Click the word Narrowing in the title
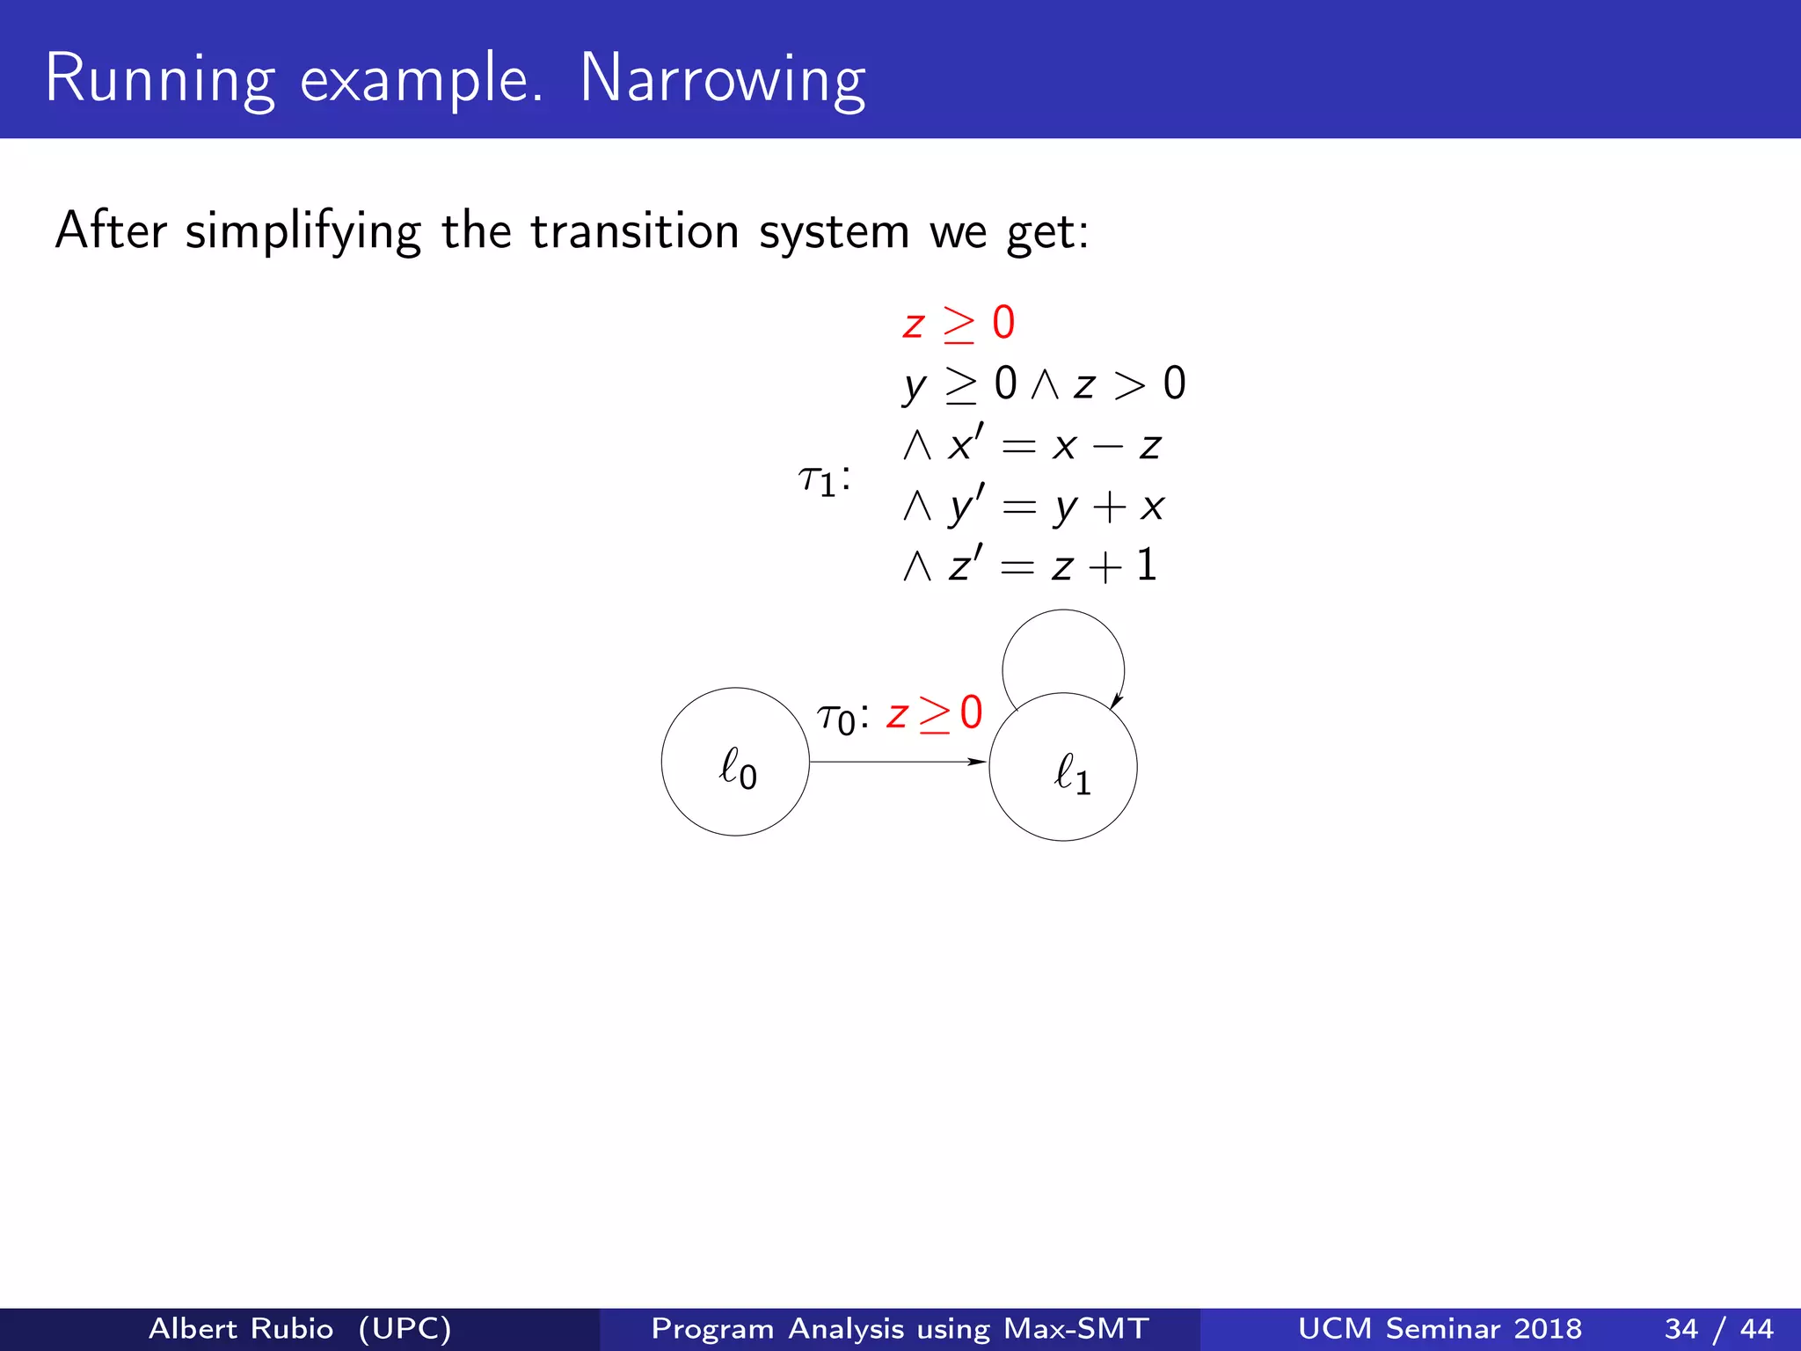(722, 80)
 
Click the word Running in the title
(159, 80)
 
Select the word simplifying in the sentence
(303, 232)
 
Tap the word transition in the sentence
(634, 232)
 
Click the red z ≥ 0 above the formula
(959, 324)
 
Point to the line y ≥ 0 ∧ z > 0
(1044, 384)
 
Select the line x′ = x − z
(1033, 445)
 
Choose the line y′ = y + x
(1033, 506)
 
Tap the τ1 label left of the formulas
(823, 480)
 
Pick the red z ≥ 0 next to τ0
(934, 713)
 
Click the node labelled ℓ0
(735, 762)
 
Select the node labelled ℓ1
(1063, 767)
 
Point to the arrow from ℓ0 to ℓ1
(897, 762)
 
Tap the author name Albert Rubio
(241, 1328)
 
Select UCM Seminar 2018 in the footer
(1440, 1328)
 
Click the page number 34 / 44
(1718, 1328)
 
